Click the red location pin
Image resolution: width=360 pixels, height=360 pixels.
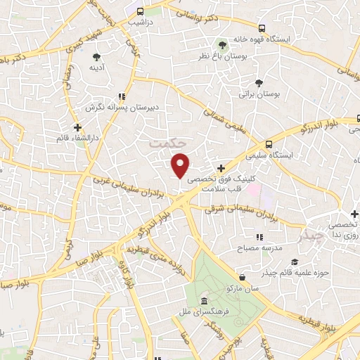coord(181,165)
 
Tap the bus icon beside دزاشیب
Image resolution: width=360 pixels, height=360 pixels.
coord(141,12)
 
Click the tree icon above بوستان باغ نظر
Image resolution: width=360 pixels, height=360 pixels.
coord(224,43)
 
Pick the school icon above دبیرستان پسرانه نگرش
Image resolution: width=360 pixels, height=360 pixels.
coord(122,97)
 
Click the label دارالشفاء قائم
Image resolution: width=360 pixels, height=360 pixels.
coord(78,139)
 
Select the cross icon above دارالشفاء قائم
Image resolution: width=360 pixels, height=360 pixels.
coord(77,127)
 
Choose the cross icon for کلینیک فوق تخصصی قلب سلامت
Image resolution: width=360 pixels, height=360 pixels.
coord(221,168)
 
